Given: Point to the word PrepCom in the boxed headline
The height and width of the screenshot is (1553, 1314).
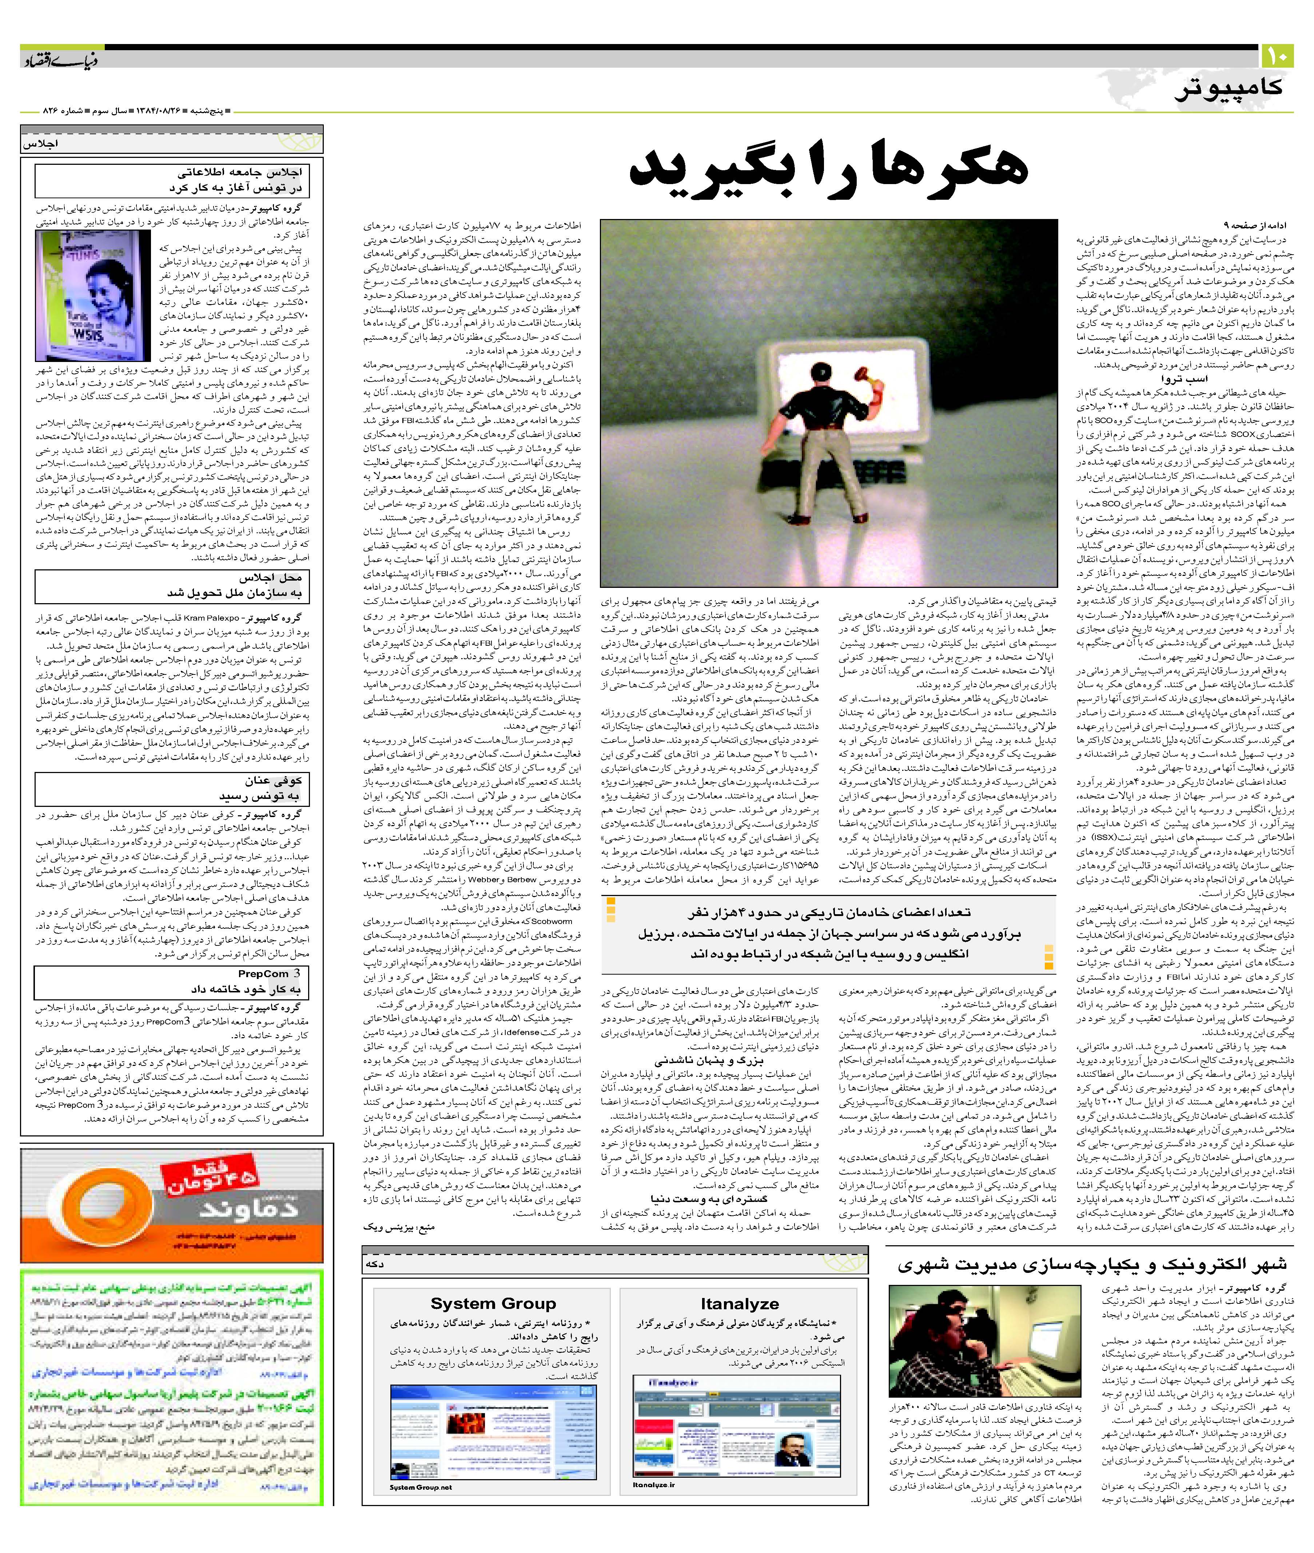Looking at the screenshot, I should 264,973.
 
